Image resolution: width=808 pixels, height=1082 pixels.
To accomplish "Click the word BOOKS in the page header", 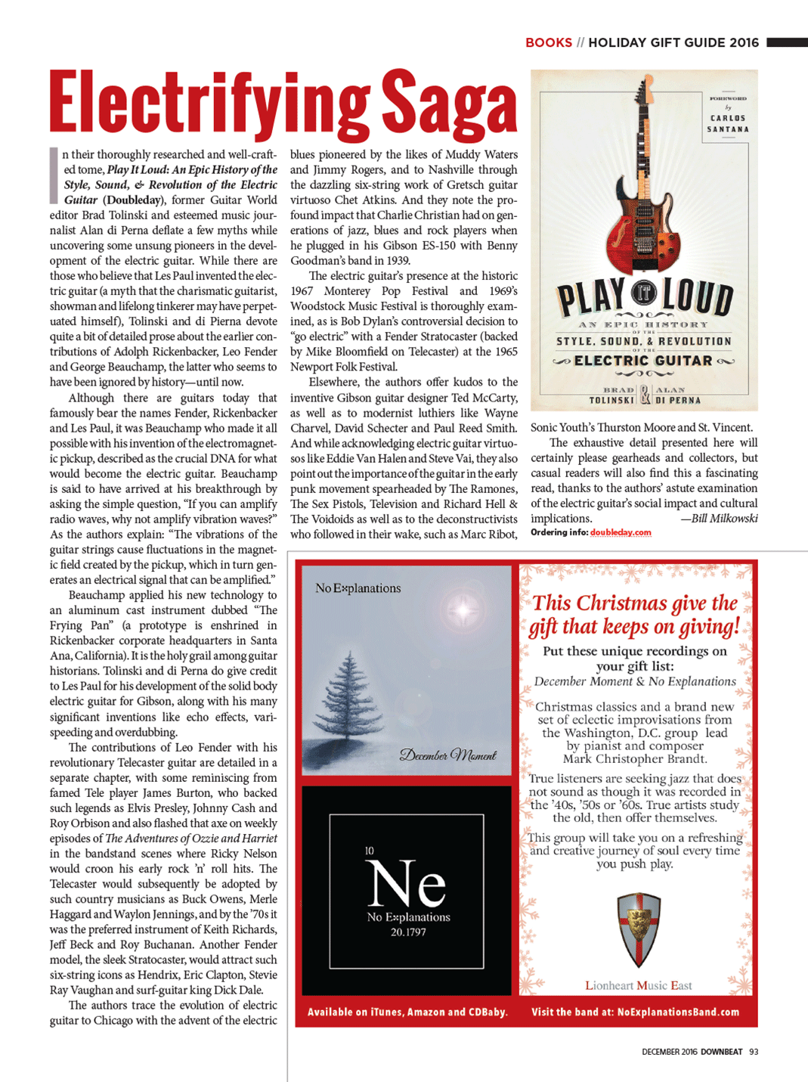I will (548, 42).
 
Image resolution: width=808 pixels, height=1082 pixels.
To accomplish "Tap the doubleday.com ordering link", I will (621, 532).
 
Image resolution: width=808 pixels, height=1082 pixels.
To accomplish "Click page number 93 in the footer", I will (753, 1052).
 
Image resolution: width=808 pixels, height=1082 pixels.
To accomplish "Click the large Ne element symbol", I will (407, 883).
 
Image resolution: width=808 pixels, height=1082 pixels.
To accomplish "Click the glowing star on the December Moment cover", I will (462, 609).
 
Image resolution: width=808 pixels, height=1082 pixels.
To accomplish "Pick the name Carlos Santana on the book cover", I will (727, 123).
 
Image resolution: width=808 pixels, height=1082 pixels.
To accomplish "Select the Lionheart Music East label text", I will (639, 985).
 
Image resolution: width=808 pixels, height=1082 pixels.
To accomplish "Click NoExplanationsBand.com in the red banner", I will (678, 1012).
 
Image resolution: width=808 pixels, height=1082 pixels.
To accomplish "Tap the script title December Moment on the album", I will (447, 755).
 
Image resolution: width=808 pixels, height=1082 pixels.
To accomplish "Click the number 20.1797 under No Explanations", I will (408, 932).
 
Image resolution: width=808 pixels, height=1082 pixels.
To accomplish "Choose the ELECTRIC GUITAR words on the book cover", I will (643, 361).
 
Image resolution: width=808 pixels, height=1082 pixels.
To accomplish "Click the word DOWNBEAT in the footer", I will (721, 1052).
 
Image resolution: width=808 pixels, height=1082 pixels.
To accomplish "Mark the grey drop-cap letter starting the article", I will (54, 175).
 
